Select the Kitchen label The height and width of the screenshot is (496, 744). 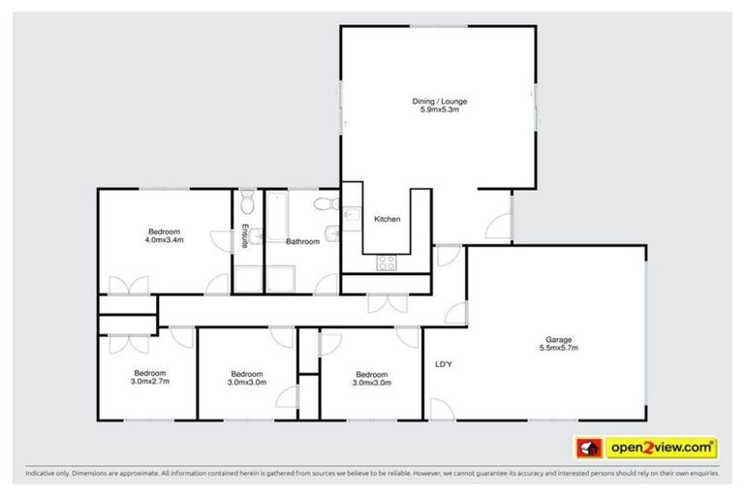coord(387,220)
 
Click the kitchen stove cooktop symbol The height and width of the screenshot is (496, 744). coord(387,261)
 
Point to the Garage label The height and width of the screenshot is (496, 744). coord(557,340)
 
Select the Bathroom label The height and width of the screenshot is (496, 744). coord(302,241)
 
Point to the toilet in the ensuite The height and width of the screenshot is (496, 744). coord(247,203)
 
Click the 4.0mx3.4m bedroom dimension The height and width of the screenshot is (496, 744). coord(165,239)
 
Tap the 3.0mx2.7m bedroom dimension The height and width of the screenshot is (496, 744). coord(150,382)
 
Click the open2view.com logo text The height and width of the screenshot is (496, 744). coord(662,448)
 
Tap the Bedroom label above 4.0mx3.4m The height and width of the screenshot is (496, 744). coord(165,230)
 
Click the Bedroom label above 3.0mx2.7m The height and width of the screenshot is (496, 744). coord(150,372)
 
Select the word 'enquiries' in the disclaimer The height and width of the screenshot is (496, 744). coord(700,475)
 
